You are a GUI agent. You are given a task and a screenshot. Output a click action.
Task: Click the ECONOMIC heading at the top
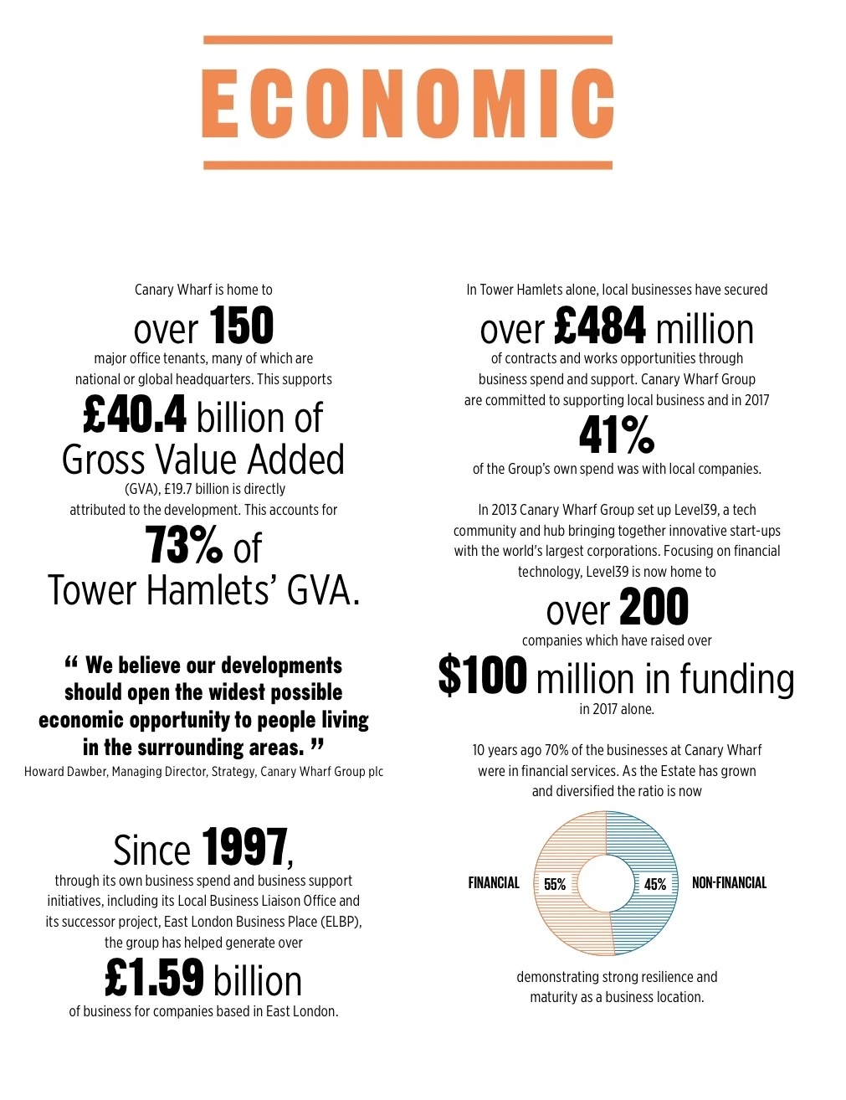click(408, 103)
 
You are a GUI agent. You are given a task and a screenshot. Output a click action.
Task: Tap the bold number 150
click(241, 326)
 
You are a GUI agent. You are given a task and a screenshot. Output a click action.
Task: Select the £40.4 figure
click(135, 415)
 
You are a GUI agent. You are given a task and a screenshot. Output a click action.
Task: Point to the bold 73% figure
click(184, 545)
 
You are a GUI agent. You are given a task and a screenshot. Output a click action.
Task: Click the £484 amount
click(600, 326)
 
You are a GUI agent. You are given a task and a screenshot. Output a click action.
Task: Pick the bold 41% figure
click(617, 434)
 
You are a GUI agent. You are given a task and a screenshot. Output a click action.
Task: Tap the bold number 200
click(654, 608)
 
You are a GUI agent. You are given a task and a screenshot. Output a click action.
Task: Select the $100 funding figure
click(483, 676)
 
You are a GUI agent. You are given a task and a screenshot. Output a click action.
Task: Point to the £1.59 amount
click(155, 978)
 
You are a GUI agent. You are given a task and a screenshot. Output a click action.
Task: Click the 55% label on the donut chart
click(555, 884)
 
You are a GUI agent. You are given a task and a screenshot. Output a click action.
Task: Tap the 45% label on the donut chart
click(655, 884)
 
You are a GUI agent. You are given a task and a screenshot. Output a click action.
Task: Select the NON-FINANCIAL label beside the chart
click(729, 882)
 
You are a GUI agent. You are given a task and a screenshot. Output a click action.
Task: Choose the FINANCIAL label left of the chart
click(494, 882)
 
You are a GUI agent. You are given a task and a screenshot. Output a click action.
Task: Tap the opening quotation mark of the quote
click(71, 665)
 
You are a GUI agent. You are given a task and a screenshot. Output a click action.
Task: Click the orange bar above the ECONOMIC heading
click(408, 40)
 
